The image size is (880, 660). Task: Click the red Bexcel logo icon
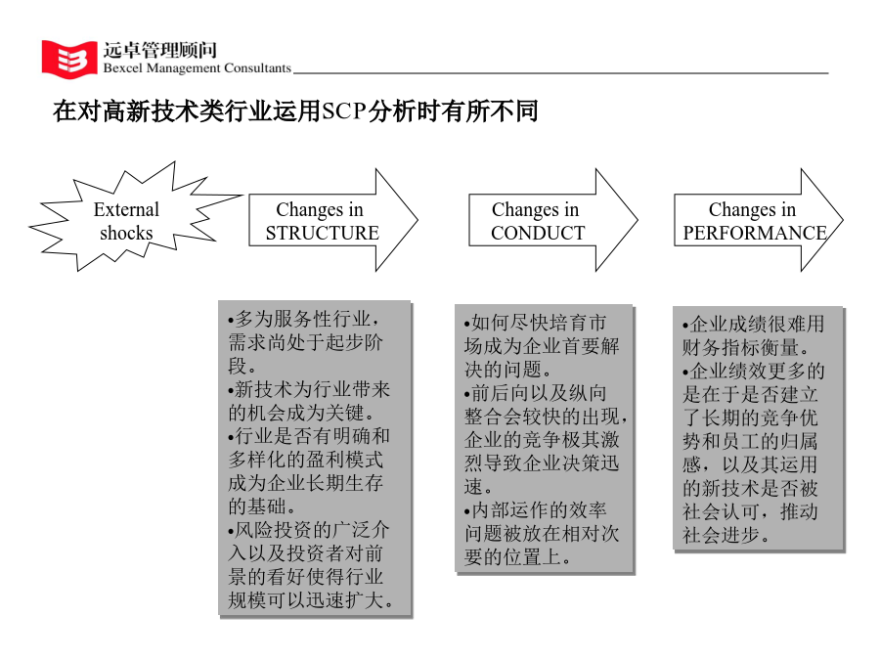69,59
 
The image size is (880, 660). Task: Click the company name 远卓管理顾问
160,50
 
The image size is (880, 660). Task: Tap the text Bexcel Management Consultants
197,68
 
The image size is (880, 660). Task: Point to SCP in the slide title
344,111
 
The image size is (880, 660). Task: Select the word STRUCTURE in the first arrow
322,233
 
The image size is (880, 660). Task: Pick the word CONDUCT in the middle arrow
538,233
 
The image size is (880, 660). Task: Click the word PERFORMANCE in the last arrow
754,233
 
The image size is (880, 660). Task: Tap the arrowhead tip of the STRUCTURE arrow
418,220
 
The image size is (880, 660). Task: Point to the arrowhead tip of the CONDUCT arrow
638,220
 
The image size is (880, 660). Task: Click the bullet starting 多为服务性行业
306,342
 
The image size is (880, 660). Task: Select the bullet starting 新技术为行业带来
309,401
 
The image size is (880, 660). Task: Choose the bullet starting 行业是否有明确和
309,471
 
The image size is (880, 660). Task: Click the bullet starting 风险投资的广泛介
310,566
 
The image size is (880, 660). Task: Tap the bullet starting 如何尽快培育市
542,346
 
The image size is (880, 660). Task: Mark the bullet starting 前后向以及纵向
546,440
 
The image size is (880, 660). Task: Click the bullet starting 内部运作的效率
542,534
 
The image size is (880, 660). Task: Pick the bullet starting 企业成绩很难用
753,335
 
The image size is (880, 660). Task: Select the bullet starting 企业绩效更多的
753,453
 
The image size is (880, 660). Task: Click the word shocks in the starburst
126,233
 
